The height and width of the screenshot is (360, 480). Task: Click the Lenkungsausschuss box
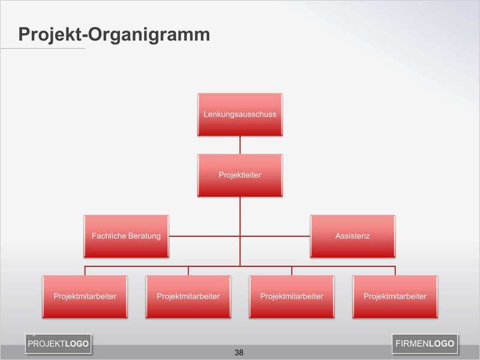(x=240, y=114)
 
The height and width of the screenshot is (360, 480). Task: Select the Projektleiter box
(x=240, y=175)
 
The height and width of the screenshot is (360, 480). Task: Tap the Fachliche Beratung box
(x=126, y=236)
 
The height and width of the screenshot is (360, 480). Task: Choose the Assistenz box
(x=352, y=236)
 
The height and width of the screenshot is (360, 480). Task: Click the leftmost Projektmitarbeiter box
(x=85, y=296)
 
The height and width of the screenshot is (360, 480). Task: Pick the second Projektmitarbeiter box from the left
(x=188, y=296)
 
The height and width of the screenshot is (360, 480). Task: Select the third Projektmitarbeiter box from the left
(x=292, y=296)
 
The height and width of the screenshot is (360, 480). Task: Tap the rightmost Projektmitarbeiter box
(x=395, y=296)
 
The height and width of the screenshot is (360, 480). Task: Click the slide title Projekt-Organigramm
(x=114, y=34)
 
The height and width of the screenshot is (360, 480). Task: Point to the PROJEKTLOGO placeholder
(x=58, y=344)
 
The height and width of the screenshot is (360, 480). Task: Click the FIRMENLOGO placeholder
(x=425, y=344)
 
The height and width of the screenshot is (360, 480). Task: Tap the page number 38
(x=239, y=352)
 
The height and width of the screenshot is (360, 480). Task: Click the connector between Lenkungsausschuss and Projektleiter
(x=240, y=145)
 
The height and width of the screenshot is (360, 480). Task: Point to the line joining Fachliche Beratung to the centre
(x=204, y=236)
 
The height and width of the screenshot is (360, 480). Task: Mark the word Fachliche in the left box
(x=107, y=236)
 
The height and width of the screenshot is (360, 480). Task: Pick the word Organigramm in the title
(x=150, y=35)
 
